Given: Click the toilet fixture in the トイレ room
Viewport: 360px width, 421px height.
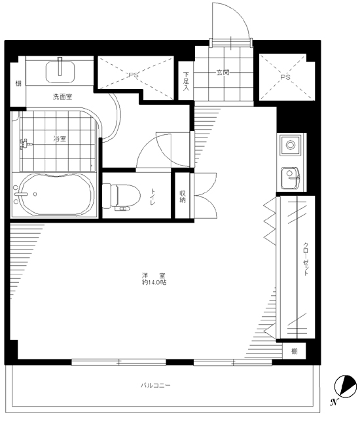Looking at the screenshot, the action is [x=121, y=196].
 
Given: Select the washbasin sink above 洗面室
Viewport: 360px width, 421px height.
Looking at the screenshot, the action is [x=60, y=71].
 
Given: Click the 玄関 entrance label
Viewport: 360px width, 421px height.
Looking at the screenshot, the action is [x=223, y=72].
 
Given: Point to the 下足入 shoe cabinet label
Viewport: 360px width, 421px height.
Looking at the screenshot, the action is [x=186, y=81].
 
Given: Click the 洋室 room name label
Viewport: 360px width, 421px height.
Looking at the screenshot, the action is [x=154, y=276].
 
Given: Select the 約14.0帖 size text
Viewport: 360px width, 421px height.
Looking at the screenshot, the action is [x=154, y=282].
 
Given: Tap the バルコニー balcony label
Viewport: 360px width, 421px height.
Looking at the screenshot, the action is [x=156, y=385].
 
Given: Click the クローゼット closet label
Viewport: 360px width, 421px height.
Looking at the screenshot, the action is [x=306, y=259].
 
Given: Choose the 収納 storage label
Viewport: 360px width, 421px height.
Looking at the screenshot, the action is [x=183, y=196].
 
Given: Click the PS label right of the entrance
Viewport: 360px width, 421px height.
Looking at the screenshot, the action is [x=285, y=77].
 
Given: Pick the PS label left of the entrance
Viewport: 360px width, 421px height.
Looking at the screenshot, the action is [x=134, y=75].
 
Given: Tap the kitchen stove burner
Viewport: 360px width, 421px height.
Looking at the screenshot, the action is [x=290, y=145].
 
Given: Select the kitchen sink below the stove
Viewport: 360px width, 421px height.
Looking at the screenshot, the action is [x=290, y=177].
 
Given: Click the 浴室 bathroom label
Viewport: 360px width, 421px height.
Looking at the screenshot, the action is [x=60, y=139].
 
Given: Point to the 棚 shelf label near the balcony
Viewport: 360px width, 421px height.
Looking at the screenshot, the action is [x=295, y=351].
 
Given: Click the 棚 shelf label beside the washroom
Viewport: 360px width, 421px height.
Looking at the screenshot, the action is [x=18, y=84].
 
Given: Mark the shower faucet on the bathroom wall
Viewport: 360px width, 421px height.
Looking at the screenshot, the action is [x=25, y=144].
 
